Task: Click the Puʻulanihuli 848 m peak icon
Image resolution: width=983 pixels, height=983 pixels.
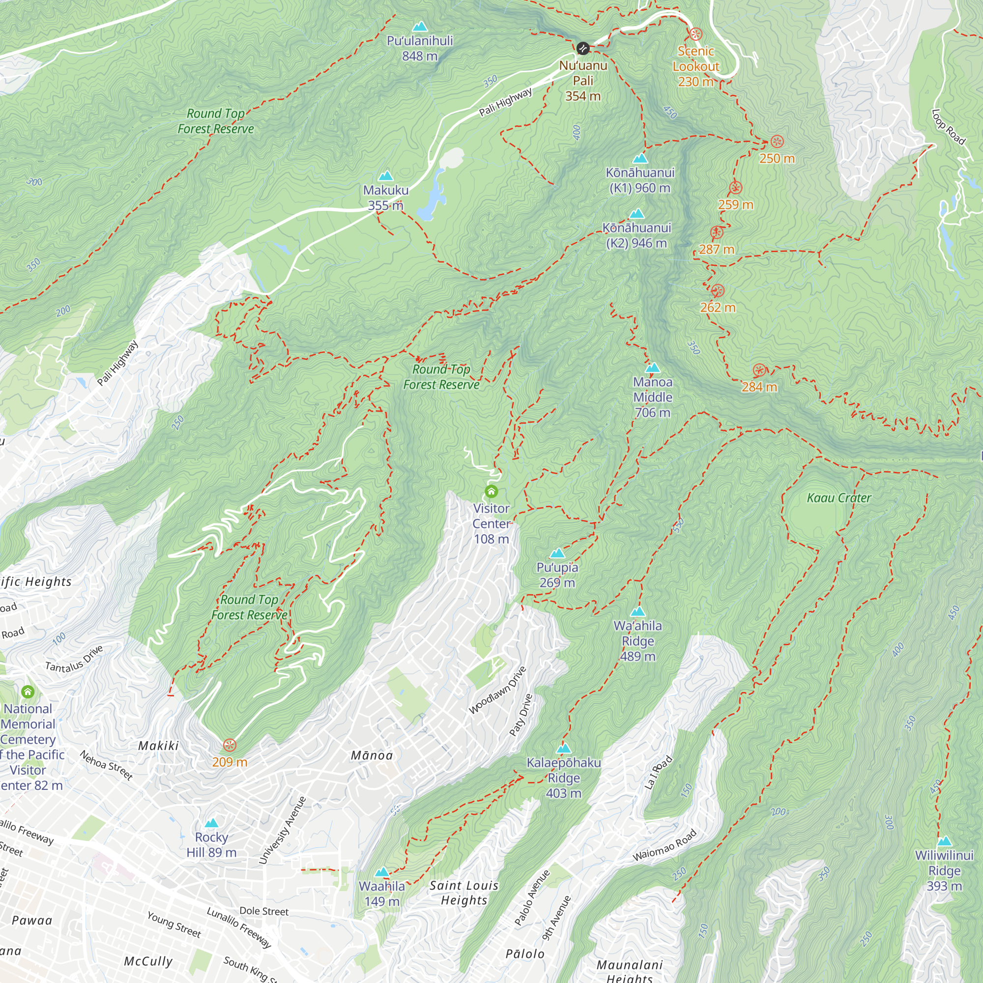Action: coord(420,27)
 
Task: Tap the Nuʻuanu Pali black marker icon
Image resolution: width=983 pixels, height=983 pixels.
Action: coord(583,48)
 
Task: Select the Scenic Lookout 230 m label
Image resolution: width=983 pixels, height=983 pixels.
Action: coord(695,66)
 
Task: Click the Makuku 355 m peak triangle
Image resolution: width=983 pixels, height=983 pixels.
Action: coord(386,176)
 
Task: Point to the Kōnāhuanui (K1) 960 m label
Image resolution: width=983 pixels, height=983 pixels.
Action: coord(640,180)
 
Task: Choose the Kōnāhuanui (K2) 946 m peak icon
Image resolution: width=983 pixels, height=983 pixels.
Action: coord(636,214)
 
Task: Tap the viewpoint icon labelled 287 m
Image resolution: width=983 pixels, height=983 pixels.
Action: coord(717,233)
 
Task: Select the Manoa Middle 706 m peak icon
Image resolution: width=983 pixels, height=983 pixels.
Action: coord(653,368)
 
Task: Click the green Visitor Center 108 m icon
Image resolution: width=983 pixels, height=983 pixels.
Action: coord(491,491)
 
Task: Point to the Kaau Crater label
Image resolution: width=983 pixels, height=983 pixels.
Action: coord(839,498)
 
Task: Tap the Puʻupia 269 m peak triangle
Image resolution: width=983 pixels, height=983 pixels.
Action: coord(558,553)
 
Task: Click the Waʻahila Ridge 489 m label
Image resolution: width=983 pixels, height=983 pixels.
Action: coord(637,641)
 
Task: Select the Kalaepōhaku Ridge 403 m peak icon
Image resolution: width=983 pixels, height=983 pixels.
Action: coord(564,749)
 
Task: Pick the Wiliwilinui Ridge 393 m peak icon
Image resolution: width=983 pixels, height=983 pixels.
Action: coord(944,841)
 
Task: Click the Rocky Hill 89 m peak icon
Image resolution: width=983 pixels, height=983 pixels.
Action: coord(211,823)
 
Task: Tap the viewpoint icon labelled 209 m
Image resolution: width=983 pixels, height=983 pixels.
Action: coord(230,746)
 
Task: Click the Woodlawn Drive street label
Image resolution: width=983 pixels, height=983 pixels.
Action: coord(497,691)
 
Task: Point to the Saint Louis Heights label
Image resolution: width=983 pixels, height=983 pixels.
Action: coord(464,893)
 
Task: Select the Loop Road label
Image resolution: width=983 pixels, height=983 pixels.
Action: coord(949,127)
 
